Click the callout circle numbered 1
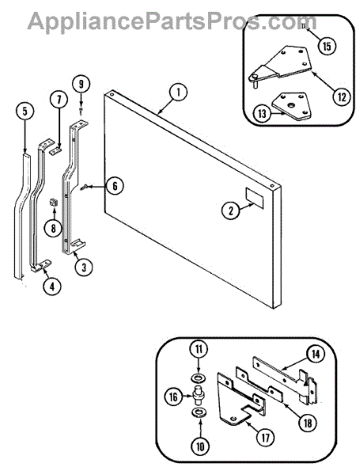click(x=178, y=93)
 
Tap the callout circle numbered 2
click(x=231, y=210)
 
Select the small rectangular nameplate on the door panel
click(x=254, y=198)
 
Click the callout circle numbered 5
click(x=25, y=111)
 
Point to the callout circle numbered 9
click(x=81, y=84)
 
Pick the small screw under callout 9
click(x=81, y=111)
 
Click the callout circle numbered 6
click(x=115, y=185)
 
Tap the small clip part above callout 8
click(x=53, y=202)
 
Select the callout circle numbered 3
click(x=84, y=268)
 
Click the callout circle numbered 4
click(x=52, y=287)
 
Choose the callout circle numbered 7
click(x=59, y=99)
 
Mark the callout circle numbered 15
click(x=327, y=46)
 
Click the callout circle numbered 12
click(x=341, y=97)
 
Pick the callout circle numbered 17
click(x=265, y=437)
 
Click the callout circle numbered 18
click(x=308, y=423)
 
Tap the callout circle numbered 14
click(x=316, y=355)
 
